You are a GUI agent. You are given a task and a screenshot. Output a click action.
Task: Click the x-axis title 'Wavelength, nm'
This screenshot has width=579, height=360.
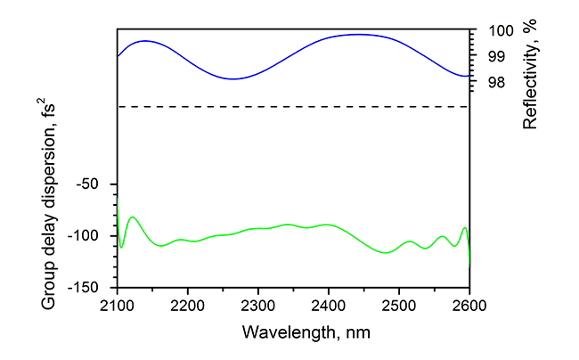(293, 332)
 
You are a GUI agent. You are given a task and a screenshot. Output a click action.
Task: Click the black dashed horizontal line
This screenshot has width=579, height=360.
(293, 107)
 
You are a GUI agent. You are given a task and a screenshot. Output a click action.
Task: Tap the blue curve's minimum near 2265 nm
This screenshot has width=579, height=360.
(233, 78)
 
